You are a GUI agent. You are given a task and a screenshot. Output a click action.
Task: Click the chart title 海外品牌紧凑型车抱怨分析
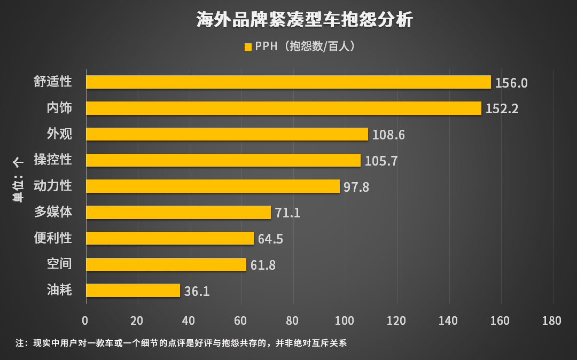304,20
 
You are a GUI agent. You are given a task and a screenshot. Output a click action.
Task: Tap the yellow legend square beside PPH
247,47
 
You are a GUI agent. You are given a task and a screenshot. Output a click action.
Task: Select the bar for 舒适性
288,82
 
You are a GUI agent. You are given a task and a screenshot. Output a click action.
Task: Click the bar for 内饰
284,108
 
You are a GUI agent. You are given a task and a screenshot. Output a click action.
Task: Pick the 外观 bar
227,134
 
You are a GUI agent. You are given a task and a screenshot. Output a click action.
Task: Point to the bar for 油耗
133,290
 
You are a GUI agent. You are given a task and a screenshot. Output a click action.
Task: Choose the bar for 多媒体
178,212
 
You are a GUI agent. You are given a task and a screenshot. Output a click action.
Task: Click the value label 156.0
511,83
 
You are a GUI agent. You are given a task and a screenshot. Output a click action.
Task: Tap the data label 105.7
381,161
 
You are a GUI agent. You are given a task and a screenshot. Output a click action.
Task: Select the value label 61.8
263,265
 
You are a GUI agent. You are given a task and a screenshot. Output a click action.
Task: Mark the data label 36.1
197,291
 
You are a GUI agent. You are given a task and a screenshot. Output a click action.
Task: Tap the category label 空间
59,264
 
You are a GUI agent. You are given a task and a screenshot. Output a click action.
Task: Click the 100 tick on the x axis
345,320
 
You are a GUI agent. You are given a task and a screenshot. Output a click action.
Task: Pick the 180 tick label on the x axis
552,320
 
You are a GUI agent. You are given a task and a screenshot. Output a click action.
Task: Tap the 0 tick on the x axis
85,320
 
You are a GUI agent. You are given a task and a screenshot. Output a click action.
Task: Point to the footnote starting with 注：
182,343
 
